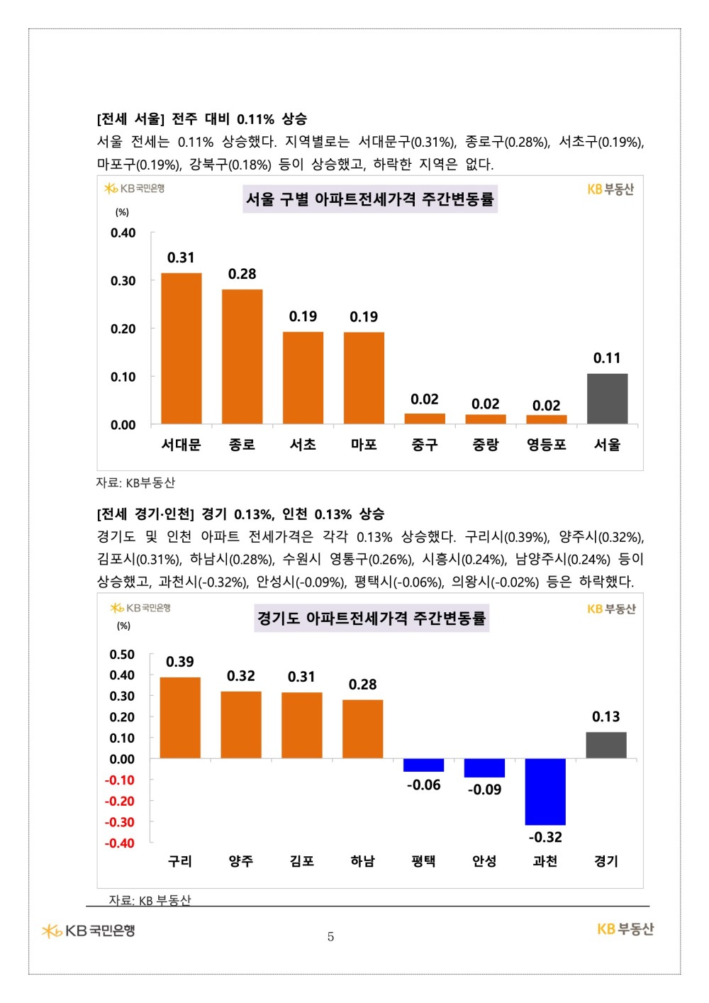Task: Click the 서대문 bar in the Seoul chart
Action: [182, 348]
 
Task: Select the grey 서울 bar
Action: [607, 399]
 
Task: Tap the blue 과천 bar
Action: [545, 792]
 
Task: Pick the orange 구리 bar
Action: [180, 718]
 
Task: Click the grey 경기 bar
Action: [606, 745]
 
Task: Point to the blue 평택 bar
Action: [423, 765]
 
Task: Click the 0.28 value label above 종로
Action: [242, 274]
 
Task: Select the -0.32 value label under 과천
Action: [545, 837]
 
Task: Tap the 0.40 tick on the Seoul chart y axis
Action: [123, 233]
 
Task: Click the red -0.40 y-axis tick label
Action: [120, 843]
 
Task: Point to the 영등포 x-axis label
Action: [546, 445]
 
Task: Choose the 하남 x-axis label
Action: [362, 861]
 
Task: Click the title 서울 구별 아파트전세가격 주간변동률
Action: [369, 199]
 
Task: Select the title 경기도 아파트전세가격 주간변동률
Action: [371, 619]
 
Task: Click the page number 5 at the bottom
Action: [330, 936]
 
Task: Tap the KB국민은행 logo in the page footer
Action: [89, 931]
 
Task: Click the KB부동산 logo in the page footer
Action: [625, 929]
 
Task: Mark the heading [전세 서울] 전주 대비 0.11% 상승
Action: [202, 118]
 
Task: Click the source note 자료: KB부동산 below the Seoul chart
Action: [135, 483]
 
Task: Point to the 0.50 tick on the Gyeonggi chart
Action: [122, 654]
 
